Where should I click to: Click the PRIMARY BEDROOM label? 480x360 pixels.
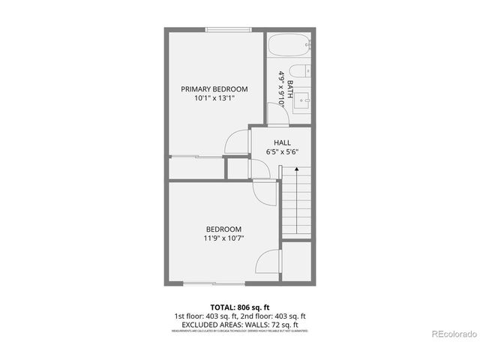tap(214, 88)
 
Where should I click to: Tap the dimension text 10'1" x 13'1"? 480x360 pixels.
tap(214, 98)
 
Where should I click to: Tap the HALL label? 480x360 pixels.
tap(282, 142)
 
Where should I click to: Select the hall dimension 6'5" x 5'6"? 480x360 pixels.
tap(282, 151)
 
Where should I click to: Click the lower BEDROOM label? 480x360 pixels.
tap(224, 229)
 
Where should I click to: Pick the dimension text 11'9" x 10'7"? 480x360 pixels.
tap(224, 238)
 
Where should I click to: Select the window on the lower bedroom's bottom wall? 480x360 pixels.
tap(213, 283)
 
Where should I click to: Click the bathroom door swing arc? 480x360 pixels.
tap(274, 112)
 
